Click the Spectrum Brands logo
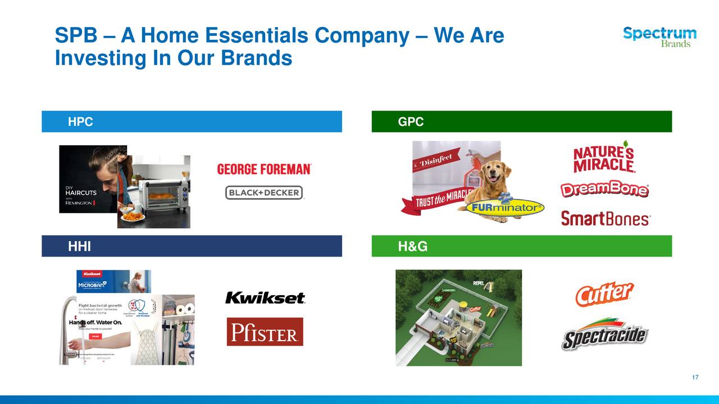(x=659, y=36)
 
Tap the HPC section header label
(x=80, y=122)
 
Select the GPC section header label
(x=411, y=122)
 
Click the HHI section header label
(x=79, y=246)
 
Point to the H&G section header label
(x=412, y=246)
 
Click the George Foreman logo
(x=264, y=169)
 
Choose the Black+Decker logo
(x=264, y=193)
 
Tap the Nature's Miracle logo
(x=604, y=157)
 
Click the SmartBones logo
(x=605, y=218)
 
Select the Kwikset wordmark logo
(x=265, y=298)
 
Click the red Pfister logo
(x=265, y=332)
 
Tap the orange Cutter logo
(x=604, y=293)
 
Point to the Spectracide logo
(x=604, y=335)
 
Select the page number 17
(x=695, y=378)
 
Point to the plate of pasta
(x=133, y=215)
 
